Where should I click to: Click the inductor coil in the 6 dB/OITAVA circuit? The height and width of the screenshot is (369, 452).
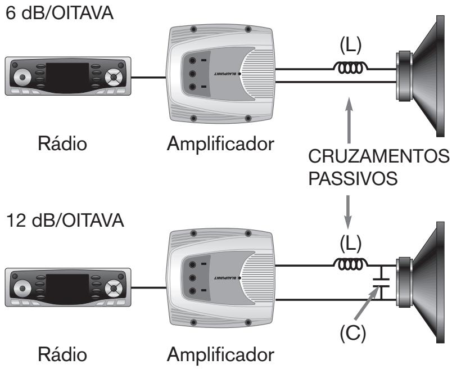pos(350,67)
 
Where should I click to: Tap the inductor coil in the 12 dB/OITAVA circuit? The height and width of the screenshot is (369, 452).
pos(350,264)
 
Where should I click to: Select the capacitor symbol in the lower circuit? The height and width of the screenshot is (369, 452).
pos(381,282)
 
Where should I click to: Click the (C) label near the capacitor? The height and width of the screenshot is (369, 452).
pos(352,334)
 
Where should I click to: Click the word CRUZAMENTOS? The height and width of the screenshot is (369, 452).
pos(378,156)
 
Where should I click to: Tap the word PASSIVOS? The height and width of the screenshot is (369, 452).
pos(353,178)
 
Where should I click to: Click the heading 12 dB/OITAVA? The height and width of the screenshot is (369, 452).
pos(65,220)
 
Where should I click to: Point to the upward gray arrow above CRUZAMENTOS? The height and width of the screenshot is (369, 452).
pos(349,120)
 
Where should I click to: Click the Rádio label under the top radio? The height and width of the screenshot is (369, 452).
pos(62,143)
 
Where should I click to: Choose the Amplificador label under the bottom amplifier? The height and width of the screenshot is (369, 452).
pos(220,354)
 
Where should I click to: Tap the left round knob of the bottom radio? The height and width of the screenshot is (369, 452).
pos(22,288)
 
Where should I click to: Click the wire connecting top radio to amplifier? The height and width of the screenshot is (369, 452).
pos(149,77)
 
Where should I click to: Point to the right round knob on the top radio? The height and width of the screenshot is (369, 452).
pos(114,77)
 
